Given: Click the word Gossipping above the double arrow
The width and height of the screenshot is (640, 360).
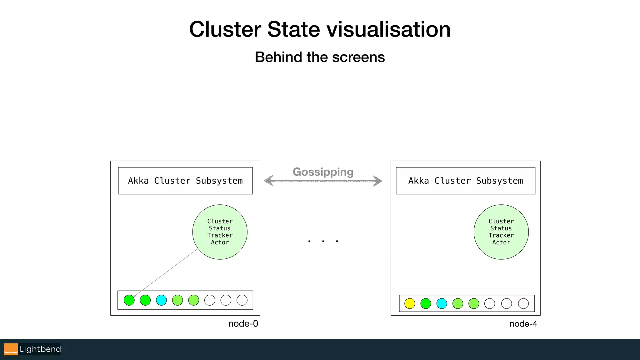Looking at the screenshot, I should tap(323, 172).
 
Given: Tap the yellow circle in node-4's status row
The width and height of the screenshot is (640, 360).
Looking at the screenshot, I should tap(409, 303).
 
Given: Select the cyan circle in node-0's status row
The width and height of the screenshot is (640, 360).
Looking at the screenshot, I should tap(161, 300).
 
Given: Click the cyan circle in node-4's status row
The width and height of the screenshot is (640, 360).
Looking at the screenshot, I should tap(442, 303).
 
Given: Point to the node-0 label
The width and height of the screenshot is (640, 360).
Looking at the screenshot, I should tap(243, 324).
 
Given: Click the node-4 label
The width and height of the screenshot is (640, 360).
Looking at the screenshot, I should tap(523, 324).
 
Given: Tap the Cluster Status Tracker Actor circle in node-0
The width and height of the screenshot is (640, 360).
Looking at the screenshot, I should tap(220, 232).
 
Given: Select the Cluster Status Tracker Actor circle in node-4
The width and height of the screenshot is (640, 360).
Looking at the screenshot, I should tap(501, 232).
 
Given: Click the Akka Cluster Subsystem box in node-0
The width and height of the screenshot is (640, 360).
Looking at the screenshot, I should tap(185, 181).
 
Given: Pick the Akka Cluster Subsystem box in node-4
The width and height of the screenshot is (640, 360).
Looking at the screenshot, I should tap(465, 181).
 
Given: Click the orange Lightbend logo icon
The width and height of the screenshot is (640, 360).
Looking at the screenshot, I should tap(11, 349).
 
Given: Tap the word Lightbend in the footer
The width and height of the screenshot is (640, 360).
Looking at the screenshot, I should tap(40, 349).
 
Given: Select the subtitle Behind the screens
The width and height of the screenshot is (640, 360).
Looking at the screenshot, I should tap(320, 57).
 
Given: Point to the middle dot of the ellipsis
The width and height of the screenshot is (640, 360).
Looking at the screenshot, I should tap(323, 241).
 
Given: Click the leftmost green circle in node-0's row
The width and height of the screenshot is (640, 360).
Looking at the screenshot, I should tap(129, 300).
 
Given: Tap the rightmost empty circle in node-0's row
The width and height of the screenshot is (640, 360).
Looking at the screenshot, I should tap(242, 300).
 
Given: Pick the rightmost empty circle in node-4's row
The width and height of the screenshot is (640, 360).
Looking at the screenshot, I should tap(523, 303).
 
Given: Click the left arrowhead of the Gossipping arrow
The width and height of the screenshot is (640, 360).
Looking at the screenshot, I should tap(268, 181).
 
